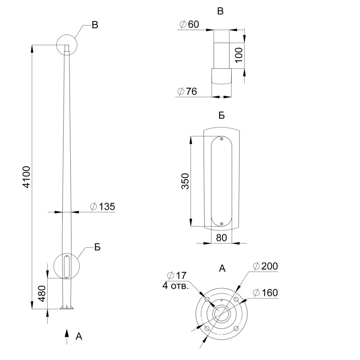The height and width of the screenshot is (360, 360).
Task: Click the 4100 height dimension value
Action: coord(27,177)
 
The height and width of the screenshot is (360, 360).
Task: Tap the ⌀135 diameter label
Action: coord(103,206)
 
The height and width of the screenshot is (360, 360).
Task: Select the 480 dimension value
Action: coord(42,293)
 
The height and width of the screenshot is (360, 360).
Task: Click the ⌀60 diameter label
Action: coord(189,24)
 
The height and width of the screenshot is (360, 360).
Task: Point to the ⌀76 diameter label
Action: coord(187,91)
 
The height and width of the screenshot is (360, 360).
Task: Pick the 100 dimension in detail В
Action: coord(239,55)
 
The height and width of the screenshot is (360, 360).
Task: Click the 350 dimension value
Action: coord(185,181)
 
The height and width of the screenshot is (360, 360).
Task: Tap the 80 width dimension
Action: coord(221,238)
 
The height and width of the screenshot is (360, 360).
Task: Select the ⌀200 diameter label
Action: coord(265,266)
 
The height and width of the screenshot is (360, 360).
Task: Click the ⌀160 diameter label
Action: coord(265,293)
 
